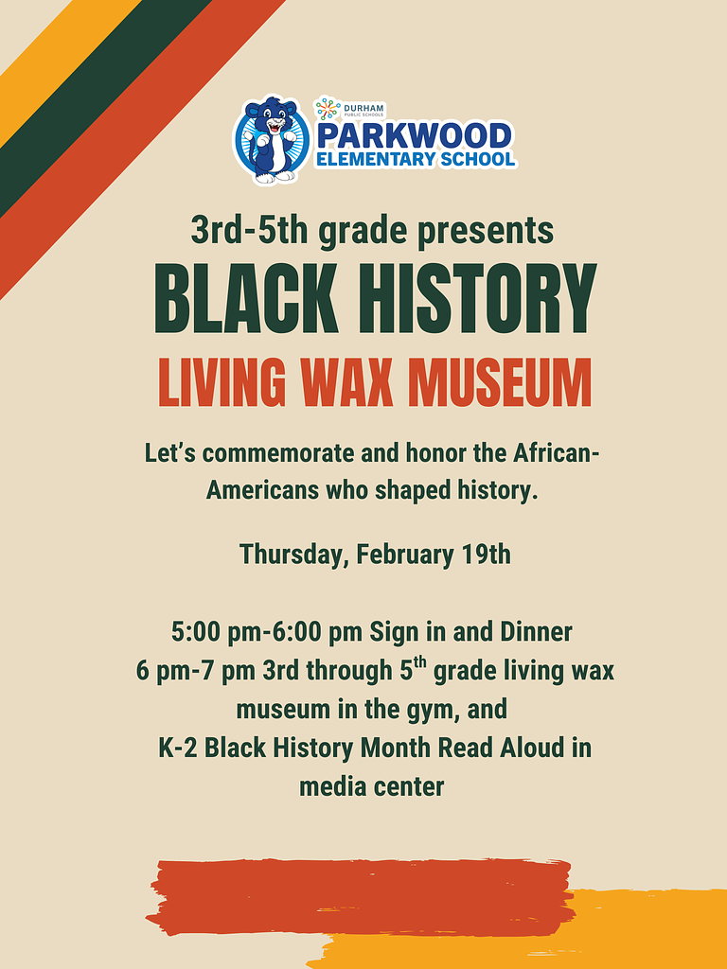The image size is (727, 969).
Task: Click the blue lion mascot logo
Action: point(272,140)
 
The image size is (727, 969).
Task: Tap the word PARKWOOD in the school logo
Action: point(414,135)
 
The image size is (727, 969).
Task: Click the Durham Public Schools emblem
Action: point(328,109)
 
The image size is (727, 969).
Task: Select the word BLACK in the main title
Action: point(246,297)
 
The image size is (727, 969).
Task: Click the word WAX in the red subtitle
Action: point(351,382)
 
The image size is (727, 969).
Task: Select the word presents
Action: point(483,231)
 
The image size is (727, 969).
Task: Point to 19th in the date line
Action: point(486,554)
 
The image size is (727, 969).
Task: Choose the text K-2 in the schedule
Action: point(178,748)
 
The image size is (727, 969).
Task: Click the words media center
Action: point(371,786)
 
